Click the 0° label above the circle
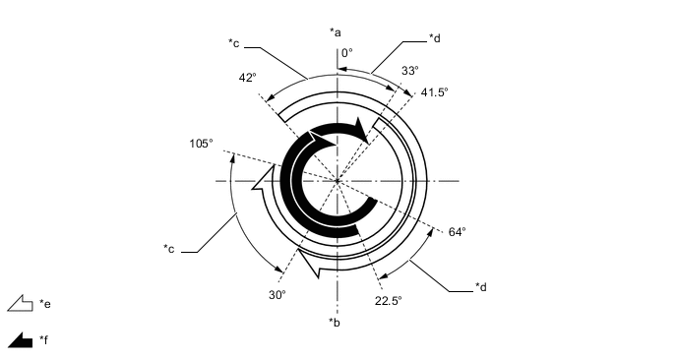[346, 53]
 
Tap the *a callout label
[337, 32]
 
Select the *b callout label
[337, 322]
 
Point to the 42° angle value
[247, 77]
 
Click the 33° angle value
[410, 71]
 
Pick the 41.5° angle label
[434, 91]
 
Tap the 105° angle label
[201, 143]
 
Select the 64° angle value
[457, 232]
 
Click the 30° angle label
[277, 294]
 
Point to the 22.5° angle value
[388, 301]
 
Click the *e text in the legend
[45, 305]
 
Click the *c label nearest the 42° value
[234, 42]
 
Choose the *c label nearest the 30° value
[169, 249]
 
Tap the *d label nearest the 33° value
[435, 38]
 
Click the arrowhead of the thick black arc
[367, 132]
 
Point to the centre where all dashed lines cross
[338, 181]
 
